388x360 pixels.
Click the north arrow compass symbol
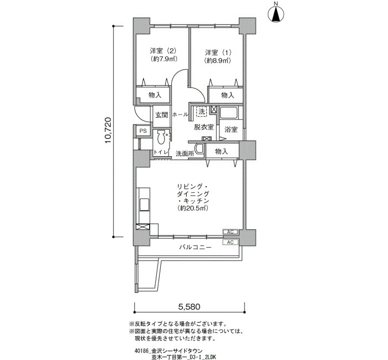(x=276, y=14)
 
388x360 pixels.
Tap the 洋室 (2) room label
(x=163, y=51)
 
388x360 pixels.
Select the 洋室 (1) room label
(x=218, y=53)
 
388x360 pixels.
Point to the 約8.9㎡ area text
(x=217, y=60)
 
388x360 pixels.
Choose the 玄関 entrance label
(x=162, y=115)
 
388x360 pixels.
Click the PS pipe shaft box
(x=143, y=131)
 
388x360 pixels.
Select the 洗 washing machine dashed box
(x=201, y=111)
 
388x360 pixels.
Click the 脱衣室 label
(x=203, y=127)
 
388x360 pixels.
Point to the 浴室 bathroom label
(x=231, y=129)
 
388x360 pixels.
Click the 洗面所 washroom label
(x=185, y=153)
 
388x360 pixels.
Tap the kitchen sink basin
(x=144, y=204)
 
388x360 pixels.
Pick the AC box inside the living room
(x=230, y=232)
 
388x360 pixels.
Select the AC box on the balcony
(x=230, y=243)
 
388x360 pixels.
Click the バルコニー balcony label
(x=196, y=247)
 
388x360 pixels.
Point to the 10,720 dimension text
(x=108, y=131)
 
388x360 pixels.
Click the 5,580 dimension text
(x=189, y=307)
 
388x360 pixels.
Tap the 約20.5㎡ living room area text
(x=193, y=208)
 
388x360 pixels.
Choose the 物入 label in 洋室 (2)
(x=155, y=95)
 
